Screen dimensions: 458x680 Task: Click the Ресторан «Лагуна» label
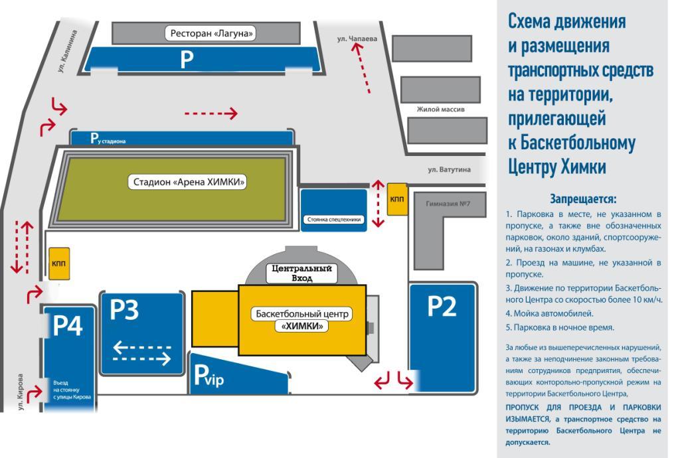(212, 33)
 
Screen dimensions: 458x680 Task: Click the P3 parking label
(124, 310)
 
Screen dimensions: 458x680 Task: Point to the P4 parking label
(67, 327)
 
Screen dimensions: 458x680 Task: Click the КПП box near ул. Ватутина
(397, 199)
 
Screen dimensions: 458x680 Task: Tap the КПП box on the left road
(58, 263)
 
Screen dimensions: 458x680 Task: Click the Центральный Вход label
(302, 274)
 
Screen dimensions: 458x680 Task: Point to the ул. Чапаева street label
(357, 39)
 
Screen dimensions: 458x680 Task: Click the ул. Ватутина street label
(449, 169)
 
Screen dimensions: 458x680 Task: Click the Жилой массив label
(440, 109)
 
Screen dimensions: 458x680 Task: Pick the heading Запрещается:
(583, 198)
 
